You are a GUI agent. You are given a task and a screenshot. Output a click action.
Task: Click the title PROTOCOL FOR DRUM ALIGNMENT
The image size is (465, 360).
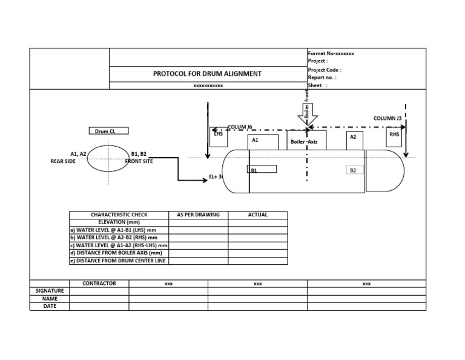click(x=208, y=74)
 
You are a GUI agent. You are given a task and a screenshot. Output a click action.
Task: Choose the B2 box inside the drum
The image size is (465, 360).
click(x=353, y=170)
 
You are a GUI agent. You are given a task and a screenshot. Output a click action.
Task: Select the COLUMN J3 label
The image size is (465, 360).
click(x=387, y=119)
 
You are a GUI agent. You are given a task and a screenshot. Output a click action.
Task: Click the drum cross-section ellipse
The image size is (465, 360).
click(x=108, y=158)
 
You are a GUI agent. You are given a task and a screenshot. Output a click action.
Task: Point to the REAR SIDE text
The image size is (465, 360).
click(x=63, y=162)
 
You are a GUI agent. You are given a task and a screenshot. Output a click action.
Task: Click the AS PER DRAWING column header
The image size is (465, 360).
click(x=198, y=215)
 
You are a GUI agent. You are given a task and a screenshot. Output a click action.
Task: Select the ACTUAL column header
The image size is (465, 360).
click(x=257, y=215)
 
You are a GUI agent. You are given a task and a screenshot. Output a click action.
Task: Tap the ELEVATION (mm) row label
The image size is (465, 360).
click(x=119, y=222)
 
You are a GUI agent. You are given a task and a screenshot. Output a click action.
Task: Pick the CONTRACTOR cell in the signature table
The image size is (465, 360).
click(x=99, y=284)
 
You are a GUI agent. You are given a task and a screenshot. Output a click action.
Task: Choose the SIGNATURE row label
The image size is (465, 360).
click(x=50, y=291)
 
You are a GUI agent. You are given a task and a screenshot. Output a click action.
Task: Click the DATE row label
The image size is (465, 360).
click(x=50, y=306)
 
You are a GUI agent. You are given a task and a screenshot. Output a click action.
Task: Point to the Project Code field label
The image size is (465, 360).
click(x=325, y=70)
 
